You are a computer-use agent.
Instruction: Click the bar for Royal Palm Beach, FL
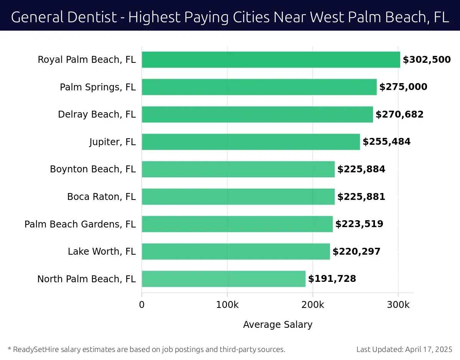271,60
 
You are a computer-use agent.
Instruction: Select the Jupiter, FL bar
251,142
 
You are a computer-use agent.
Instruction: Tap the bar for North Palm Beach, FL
223,279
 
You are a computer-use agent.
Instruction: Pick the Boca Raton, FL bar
238,197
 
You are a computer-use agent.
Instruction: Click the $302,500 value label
427,60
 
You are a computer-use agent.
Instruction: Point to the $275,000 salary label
403,87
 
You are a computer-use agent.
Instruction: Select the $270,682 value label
399,115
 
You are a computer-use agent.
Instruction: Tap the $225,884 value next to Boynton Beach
361,169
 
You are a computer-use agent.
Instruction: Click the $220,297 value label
356,252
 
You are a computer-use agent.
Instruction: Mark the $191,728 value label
332,279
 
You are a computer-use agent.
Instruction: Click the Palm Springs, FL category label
98,87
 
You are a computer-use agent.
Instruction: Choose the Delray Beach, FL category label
97,115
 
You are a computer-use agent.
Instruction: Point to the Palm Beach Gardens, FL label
80,224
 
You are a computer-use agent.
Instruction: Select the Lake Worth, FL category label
102,252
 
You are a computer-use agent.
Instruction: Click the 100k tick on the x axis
227,305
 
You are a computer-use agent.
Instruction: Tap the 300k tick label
398,305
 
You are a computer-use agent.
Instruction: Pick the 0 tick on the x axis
142,305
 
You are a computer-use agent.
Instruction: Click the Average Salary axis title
278,325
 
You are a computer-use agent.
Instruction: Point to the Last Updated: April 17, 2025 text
404,349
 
